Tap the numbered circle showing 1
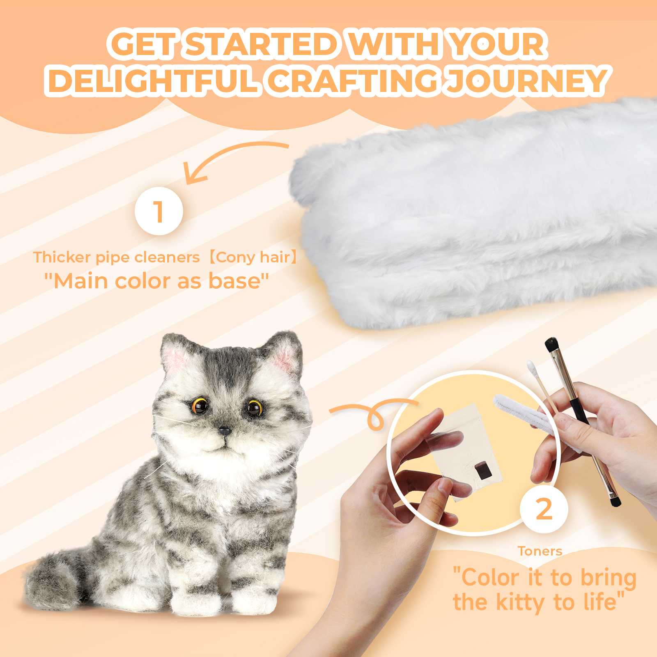tap(159, 211)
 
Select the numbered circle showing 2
tap(544, 509)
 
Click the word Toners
tap(540, 551)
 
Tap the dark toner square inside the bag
tap(483, 470)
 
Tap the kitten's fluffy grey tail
tap(55, 579)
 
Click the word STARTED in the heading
tap(262, 44)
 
